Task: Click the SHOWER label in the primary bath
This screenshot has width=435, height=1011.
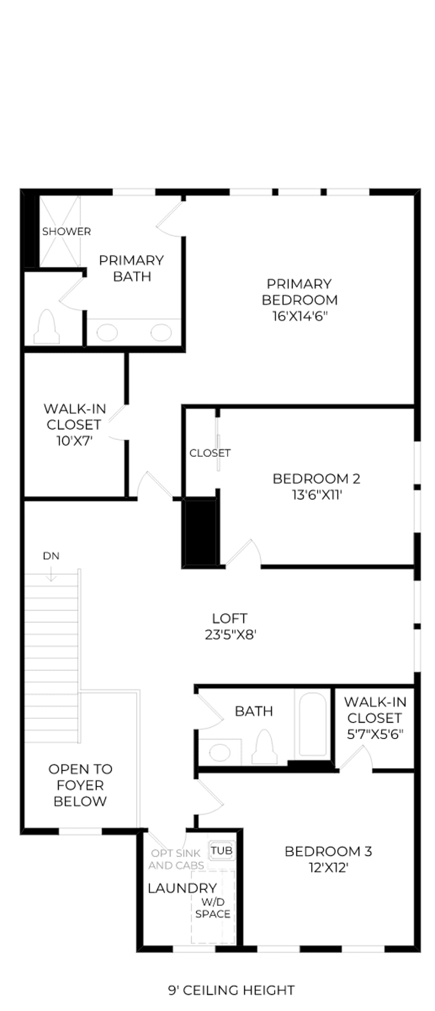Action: [66, 231]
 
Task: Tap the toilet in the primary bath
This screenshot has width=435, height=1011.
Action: [47, 327]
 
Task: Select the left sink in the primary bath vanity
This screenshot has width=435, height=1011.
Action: [107, 333]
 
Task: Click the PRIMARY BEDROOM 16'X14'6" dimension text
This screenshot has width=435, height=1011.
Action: [300, 316]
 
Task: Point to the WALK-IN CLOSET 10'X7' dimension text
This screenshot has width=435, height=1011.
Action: [75, 441]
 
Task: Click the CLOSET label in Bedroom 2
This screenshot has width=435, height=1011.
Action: [210, 453]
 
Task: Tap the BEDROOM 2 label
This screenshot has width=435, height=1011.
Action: [316, 479]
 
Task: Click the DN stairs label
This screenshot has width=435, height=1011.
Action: [51, 556]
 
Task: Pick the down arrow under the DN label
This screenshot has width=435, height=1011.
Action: [51, 573]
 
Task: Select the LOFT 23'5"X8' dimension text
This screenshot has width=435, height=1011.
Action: [230, 634]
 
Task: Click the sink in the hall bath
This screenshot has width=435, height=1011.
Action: [220, 752]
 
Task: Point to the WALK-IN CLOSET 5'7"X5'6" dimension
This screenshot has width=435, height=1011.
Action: [375, 734]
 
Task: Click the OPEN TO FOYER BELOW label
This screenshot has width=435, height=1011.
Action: [80, 785]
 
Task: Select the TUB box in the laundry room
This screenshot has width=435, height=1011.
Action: [222, 851]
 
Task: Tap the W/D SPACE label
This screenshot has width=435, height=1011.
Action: [213, 908]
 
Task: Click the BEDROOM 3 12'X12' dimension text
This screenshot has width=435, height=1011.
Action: [329, 867]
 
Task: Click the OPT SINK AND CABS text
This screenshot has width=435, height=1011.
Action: [176, 859]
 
